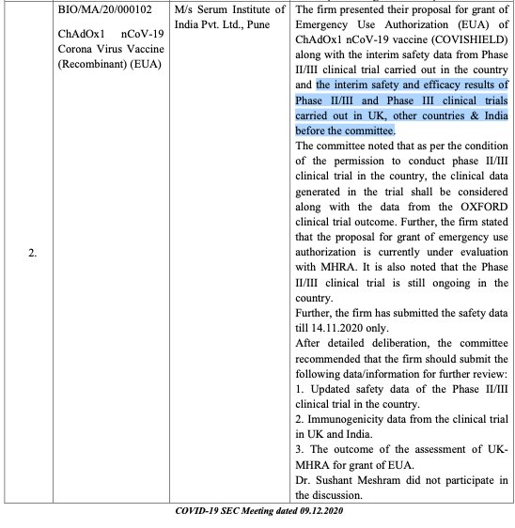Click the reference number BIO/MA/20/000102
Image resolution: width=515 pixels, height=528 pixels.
(x=118, y=10)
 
